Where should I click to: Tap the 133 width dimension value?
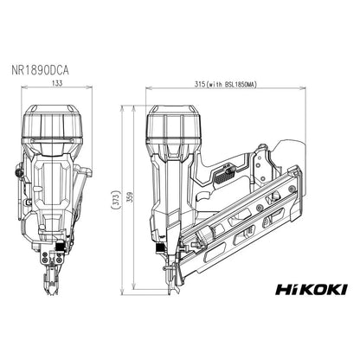coord(56,85)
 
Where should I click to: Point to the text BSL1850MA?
coord(252,85)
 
